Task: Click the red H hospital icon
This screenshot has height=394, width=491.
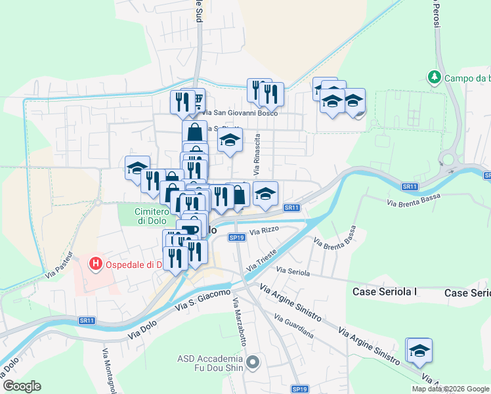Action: pyautogui.click(x=96, y=265)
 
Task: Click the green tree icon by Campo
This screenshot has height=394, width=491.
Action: pyautogui.click(x=434, y=77)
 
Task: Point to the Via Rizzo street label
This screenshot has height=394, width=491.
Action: pyautogui.click(x=264, y=230)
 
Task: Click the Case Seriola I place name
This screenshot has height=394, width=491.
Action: pyautogui.click(x=385, y=292)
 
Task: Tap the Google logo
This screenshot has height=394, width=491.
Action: pyautogui.click(x=22, y=386)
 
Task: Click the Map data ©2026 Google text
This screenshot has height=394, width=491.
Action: pyautogui.click(x=451, y=389)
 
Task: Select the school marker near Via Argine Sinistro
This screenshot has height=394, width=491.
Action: pyautogui.click(x=419, y=350)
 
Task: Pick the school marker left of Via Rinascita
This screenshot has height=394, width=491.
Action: pyautogui.click(x=230, y=140)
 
